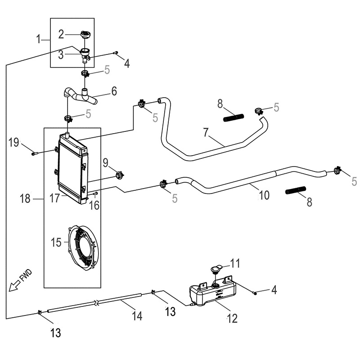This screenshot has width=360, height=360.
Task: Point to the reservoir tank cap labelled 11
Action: (216, 269)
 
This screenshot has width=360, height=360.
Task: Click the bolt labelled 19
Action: (35, 153)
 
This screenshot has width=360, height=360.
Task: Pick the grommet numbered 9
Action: (120, 175)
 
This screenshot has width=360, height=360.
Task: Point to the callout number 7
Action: (206, 133)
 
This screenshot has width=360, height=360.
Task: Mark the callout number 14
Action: (137, 316)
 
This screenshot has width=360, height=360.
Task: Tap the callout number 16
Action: (94, 205)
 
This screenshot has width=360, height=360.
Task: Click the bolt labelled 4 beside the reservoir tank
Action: (255, 292)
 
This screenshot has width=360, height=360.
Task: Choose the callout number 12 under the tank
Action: (232, 319)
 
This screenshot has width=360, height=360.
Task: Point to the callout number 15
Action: (56, 243)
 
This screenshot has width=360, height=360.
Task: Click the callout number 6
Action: (113, 91)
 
